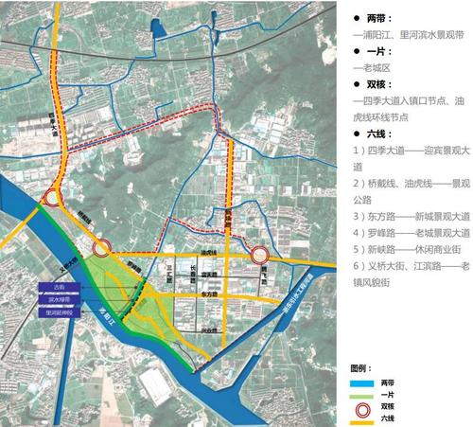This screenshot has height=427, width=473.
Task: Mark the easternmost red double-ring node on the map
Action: [x=261, y=253]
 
